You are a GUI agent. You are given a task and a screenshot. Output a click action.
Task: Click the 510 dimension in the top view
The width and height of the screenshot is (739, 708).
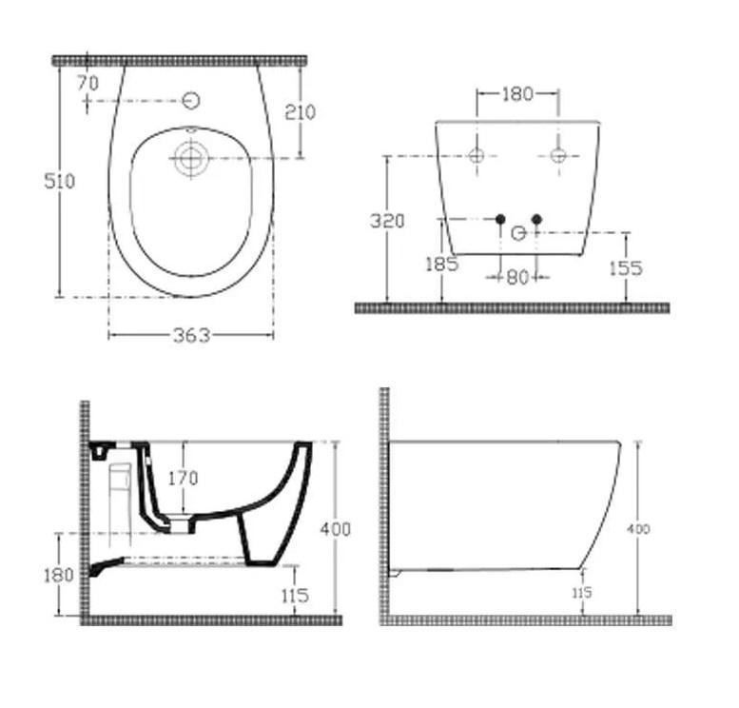(60, 181)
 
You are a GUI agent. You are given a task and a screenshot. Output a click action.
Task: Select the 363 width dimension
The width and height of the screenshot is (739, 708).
(191, 336)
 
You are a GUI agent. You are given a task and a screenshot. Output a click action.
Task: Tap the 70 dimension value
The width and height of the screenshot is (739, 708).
(88, 84)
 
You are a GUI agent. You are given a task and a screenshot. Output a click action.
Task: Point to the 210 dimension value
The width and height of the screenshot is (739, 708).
(301, 112)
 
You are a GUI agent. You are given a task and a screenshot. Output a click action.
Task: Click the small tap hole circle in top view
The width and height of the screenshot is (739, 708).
(190, 100)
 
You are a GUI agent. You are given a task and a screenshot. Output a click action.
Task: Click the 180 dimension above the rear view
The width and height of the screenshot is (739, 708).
(517, 94)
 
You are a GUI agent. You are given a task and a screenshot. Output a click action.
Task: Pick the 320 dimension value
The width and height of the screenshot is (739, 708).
(387, 221)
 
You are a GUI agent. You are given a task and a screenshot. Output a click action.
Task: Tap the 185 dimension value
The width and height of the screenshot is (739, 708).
(442, 265)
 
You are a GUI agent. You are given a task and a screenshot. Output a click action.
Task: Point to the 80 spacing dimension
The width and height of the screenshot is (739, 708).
(516, 278)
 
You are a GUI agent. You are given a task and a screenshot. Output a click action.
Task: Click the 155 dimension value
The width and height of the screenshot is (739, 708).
(625, 268)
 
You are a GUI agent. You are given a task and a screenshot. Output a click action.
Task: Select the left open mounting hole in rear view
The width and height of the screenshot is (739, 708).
(477, 155)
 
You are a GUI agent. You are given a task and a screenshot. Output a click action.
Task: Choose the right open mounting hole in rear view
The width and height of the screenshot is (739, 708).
(558, 155)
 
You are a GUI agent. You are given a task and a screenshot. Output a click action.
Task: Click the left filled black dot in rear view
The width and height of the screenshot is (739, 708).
(499, 220)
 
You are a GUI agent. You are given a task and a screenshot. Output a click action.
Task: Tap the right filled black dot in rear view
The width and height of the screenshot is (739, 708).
(536, 220)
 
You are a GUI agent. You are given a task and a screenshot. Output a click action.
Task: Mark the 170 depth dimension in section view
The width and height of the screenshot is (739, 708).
(183, 479)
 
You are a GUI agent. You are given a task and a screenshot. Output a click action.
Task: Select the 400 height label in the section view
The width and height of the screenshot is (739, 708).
(336, 529)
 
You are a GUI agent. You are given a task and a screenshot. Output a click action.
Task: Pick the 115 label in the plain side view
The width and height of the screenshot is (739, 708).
(580, 593)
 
